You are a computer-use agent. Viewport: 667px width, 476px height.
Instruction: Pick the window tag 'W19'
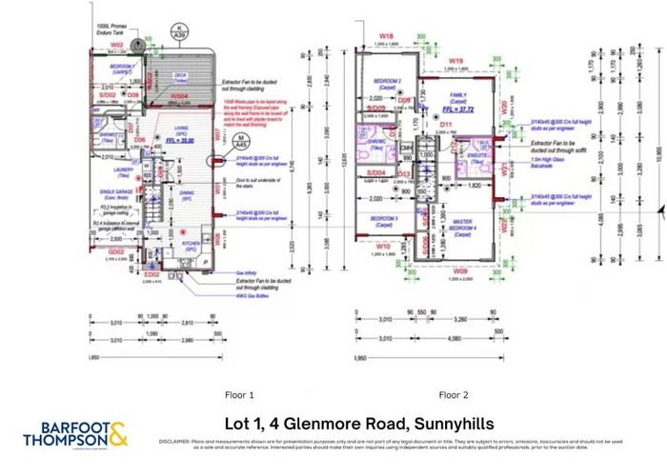coord(456,62)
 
